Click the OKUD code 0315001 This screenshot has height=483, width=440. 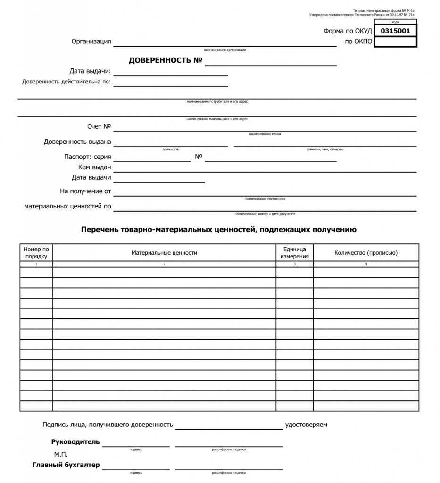coord(395,31)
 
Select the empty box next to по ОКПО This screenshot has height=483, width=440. coord(395,42)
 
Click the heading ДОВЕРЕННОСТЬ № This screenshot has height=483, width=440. coord(166,61)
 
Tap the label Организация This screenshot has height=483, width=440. coord(91,42)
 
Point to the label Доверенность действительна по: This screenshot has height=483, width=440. coord(66,82)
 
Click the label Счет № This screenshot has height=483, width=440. coord(99,126)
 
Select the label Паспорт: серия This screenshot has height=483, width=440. coord(88,157)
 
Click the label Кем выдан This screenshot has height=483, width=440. coord(95,167)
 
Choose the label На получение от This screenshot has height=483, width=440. coord(85,191)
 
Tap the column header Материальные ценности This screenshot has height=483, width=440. coord(164,253)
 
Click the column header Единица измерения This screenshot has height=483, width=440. coord(294,253)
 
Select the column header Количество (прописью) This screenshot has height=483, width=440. coord(366,253)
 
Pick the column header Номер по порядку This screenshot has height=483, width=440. coord(36,253)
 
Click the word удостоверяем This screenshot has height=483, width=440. coord(306,425)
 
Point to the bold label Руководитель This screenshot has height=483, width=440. coord(75,442)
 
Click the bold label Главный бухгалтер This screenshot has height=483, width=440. coord(66,465)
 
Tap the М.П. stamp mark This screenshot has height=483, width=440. coord(61,454)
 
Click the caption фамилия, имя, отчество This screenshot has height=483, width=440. coord(325,150)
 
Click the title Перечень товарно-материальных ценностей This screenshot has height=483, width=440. coord(219,230)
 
